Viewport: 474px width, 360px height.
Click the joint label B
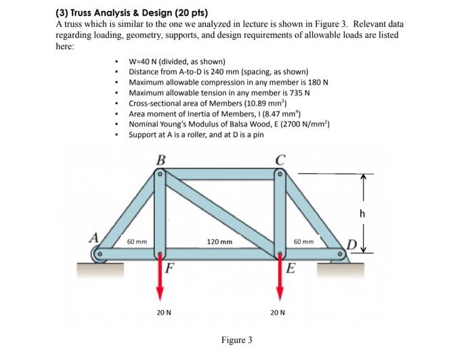click(x=160, y=160)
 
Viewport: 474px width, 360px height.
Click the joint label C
click(x=279, y=160)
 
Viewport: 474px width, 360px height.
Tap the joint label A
click(x=97, y=238)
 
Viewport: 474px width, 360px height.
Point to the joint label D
click(x=352, y=243)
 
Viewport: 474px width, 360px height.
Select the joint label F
click(x=171, y=266)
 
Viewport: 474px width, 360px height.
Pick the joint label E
click(x=290, y=266)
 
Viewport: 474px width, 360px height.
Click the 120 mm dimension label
click(x=220, y=242)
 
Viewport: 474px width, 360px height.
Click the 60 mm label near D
click(x=303, y=242)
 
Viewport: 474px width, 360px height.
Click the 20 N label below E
click(x=278, y=313)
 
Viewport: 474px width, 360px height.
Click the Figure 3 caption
click(x=236, y=339)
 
